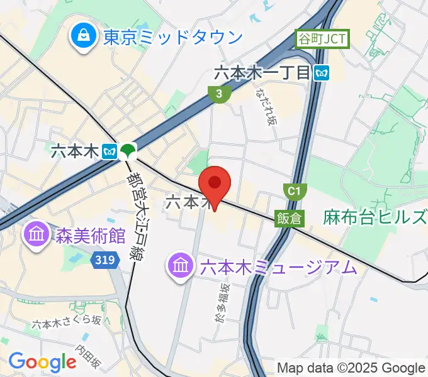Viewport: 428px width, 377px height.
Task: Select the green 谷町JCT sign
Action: pos(321,40)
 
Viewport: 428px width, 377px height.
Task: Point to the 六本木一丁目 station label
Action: pos(262,73)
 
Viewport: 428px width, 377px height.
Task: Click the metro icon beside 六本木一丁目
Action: pos(322,73)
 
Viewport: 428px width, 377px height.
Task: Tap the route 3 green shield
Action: pos(218,94)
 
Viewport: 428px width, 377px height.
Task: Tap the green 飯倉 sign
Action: pos(289,218)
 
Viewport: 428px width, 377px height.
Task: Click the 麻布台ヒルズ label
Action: pos(375,218)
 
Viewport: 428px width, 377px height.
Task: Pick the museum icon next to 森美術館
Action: pos(37,236)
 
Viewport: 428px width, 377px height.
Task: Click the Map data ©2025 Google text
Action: pos(351,367)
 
